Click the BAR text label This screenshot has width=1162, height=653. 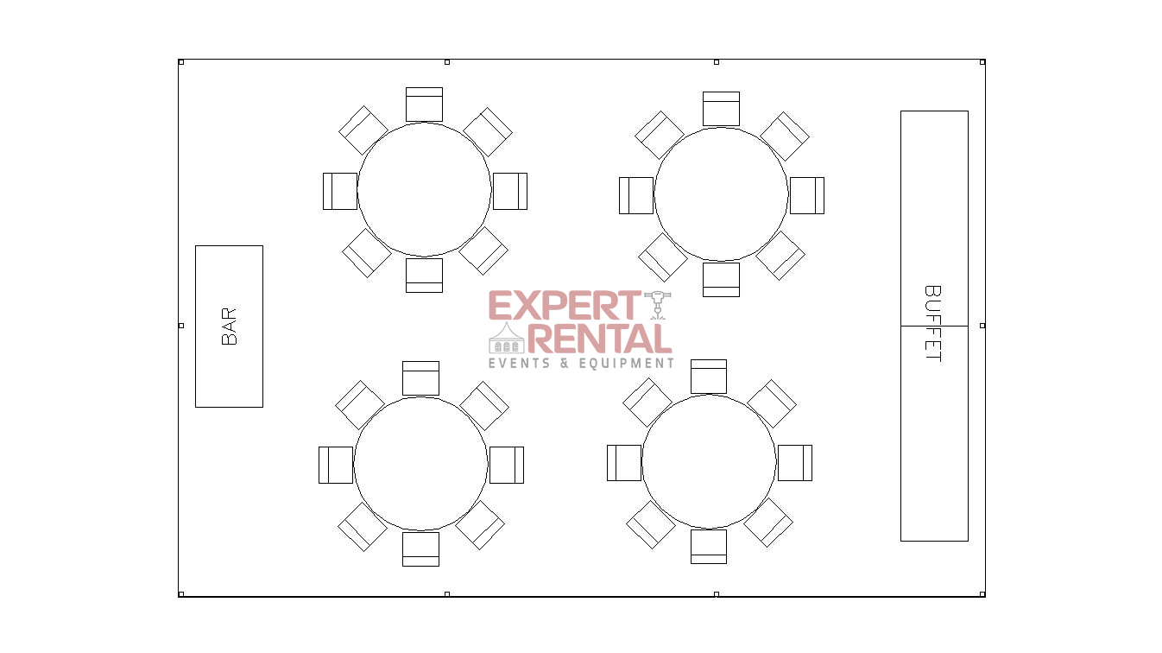(229, 326)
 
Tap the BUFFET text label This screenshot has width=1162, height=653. (932, 324)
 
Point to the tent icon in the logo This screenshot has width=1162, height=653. (507, 338)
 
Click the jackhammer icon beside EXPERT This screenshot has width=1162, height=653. (658, 304)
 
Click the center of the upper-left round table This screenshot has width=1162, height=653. (424, 189)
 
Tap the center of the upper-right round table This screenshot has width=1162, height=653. (721, 193)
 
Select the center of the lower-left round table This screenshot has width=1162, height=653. (420, 463)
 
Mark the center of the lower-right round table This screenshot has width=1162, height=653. (709, 461)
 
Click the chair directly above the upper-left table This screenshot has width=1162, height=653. (424, 105)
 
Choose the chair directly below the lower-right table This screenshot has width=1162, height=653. (709, 546)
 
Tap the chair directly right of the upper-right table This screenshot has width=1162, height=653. (806, 195)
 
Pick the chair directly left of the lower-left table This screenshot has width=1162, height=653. (336, 465)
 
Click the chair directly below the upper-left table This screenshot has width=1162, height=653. (424, 276)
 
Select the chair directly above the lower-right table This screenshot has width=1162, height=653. (709, 377)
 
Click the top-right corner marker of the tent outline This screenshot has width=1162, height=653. (982, 62)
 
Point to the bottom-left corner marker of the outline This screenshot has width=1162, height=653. (180, 593)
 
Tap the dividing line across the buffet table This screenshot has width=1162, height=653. (934, 326)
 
